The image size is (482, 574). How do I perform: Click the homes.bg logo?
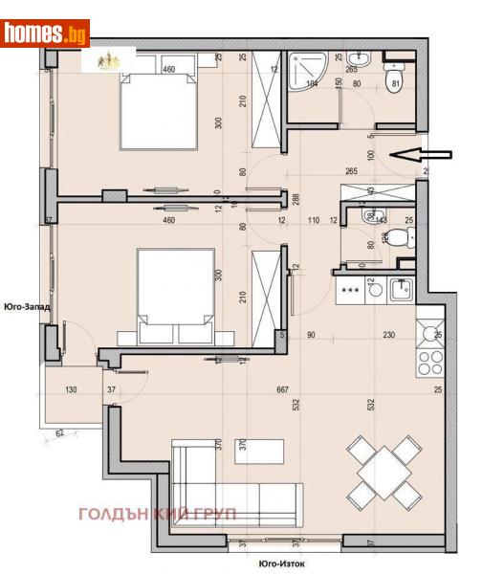click(x=46, y=33)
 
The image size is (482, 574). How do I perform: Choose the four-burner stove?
click(x=427, y=362)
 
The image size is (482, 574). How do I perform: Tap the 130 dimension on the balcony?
click(x=71, y=389)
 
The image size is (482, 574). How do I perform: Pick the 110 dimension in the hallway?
click(x=312, y=221)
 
